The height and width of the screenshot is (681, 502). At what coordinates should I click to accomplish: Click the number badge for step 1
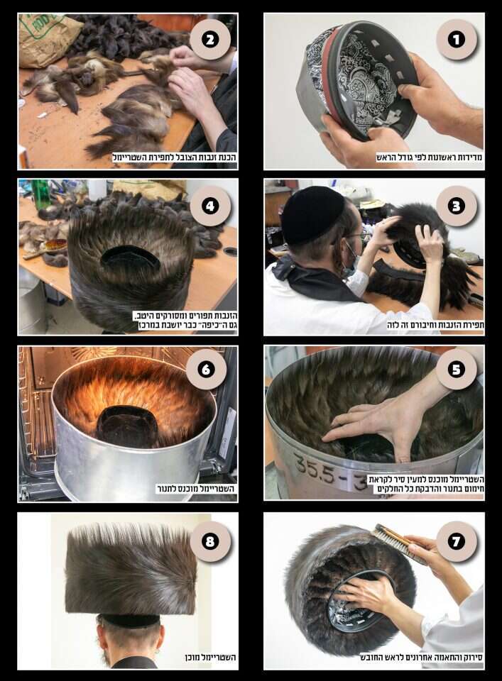pyautogui.click(x=457, y=40)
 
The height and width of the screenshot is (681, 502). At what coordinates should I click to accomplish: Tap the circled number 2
pyautogui.click(x=210, y=40)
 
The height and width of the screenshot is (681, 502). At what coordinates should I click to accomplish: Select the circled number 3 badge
pyautogui.click(x=457, y=206)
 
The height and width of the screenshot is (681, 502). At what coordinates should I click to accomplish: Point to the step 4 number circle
pyautogui.click(x=210, y=206)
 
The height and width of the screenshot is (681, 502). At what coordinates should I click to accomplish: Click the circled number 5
pyautogui.click(x=457, y=370)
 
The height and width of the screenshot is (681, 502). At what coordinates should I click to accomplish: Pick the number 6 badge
pyautogui.click(x=206, y=370)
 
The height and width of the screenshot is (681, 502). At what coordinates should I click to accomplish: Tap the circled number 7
pyautogui.click(x=457, y=541)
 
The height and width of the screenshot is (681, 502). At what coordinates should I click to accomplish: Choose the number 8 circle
pyautogui.click(x=210, y=541)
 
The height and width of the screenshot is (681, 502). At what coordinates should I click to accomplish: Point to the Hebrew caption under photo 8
pyautogui.click(x=210, y=658)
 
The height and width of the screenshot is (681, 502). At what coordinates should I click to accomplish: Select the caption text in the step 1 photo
pyautogui.click(x=430, y=157)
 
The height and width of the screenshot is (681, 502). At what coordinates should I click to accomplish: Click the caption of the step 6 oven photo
pyautogui.click(x=196, y=489)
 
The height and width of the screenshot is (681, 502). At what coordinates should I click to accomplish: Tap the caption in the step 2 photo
pyautogui.click(x=174, y=157)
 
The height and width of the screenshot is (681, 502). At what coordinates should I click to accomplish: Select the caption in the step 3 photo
pyautogui.click(x=435, y=325)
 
